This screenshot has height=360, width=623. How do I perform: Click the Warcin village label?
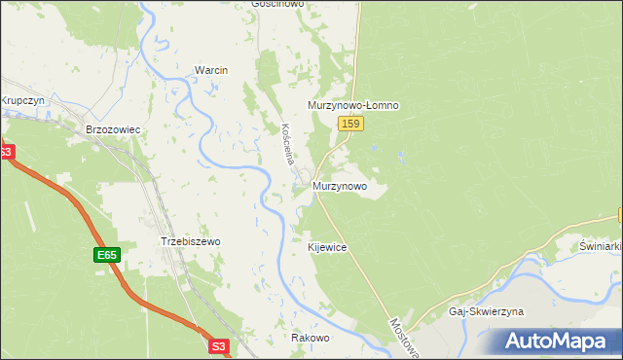click(x=210, y=71)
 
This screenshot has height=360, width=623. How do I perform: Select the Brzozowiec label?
click(x=113, y=128)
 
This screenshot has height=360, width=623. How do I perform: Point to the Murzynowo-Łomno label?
click(x=353, y=105)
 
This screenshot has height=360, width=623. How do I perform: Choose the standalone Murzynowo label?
click(x=339, y=185)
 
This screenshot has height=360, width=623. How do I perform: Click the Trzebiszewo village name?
click(x=190, y=241)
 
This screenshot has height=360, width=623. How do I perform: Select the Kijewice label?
click(x=327, y=248)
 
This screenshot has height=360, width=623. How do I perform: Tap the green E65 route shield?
click(x=107, y=256)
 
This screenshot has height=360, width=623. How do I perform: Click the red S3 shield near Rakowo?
click(x=220, y=344)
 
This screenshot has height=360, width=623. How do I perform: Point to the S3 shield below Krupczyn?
click(x=5, y=153)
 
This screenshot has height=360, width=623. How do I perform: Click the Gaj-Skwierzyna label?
click(x=486, y=311)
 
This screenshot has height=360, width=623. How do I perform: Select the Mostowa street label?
click(x=403, y=337)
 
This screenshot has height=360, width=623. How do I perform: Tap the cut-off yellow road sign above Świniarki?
click(x=619, y=215)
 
